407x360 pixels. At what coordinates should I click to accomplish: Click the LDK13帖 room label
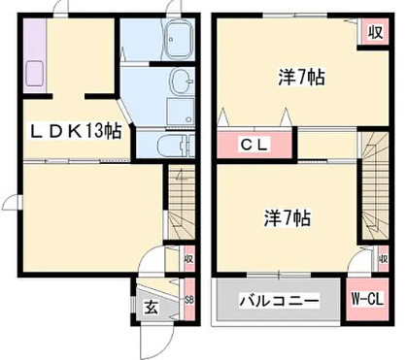(76, 131)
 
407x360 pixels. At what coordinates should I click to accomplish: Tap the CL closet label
(254, 145)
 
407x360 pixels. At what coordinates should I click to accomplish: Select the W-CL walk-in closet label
(367, 299)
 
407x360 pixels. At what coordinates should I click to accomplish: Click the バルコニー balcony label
(279, 301)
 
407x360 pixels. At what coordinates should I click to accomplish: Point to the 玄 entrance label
(152, 307)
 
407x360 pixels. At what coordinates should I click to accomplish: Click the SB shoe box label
(189, 300)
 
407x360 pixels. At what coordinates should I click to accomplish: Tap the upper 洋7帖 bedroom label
(301, 77)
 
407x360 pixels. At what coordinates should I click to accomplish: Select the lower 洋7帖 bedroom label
(288, 218)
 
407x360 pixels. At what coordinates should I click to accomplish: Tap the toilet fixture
(176, 145)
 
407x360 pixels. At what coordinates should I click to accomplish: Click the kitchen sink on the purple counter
(34, 73)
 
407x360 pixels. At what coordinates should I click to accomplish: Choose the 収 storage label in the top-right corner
(375, 32)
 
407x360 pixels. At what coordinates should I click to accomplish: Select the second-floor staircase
(375, 184)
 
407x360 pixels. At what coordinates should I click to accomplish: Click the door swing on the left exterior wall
(12, 202)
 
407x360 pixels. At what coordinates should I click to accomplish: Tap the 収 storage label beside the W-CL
(384, 259)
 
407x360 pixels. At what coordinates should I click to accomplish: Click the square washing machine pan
(180, 111)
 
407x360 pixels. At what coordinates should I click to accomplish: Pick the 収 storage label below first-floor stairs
(189, 259)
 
